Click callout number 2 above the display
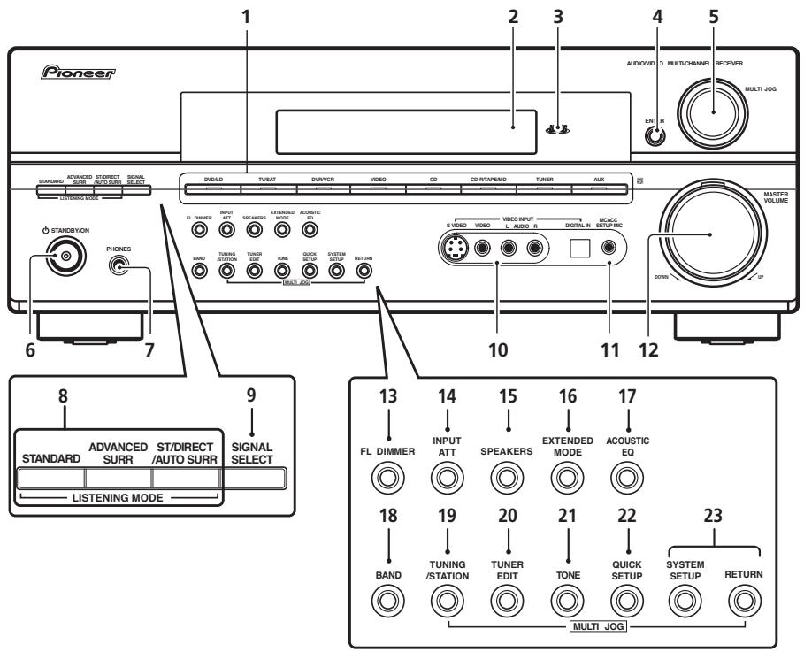pos(514,17)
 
